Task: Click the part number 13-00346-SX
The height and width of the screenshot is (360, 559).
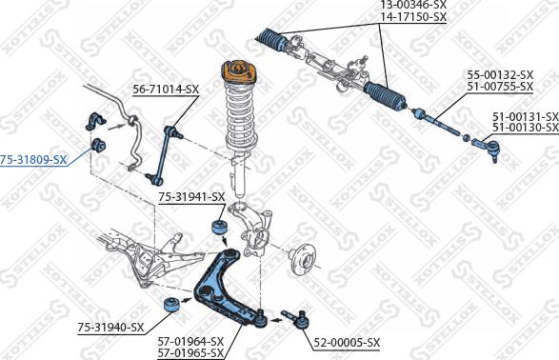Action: tap(413, 6)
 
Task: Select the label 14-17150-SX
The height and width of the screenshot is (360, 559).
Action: tap(413, 17)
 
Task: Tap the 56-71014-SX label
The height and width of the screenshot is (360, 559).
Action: tap(166, 89)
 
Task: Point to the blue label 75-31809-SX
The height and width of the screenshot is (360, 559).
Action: tap(33, 159)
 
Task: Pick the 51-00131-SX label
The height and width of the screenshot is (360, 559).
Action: tap(525, 116)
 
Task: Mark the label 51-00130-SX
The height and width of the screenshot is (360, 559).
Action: tap(525, 128)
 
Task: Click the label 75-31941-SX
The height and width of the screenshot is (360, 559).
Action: tap(191, 197)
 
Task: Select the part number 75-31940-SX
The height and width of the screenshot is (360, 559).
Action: tap(110, 328)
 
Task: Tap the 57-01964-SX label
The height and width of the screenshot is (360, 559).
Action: tap(190, 341)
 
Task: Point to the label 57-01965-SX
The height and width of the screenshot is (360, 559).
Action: tap(190, 352)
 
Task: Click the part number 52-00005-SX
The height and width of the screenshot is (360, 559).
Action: tap(347, 342)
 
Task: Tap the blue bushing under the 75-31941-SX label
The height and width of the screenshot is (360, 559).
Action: tap(218, 229)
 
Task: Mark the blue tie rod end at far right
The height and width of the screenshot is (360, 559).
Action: tap(483, 146)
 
